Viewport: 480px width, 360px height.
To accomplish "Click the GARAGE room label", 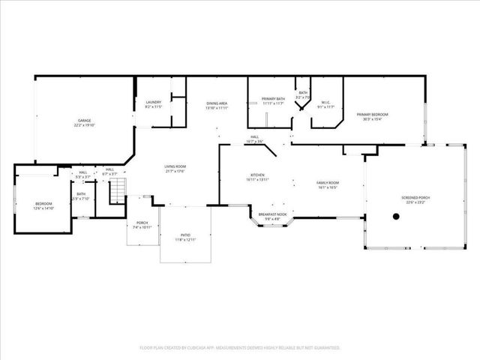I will pyautogui.click(x=85, y=120).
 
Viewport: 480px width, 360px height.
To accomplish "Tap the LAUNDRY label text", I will pyautogui.click(x=153, y=103).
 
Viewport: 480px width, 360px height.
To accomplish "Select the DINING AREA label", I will pyautogui.click(x=217, y=103).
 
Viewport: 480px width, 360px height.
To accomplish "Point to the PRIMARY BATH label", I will pyautogui.click(x=273, y=99).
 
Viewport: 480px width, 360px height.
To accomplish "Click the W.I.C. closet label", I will pyautogui.click(x=326, y=103).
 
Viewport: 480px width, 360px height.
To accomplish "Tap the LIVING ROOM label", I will pyautogui.click(x=175, y=167).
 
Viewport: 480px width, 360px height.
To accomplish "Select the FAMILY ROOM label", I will pyautogui.click(x=327, y=183).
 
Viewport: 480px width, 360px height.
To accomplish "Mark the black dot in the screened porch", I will pyautogui.click(x=396, y=216).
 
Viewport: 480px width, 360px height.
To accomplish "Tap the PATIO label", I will pyautogui.click(x=184, y=236).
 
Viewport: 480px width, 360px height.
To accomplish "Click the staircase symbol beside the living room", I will pyautogui.click(x=116, y=193).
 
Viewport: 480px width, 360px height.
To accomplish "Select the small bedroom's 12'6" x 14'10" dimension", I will pyautogui.click(x=44, y=208).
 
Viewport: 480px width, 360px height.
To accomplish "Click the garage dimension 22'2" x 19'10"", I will pyautogui.click(x=85, y=124).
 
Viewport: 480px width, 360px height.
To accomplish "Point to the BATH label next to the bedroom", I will pyautogui.click(x=81, y=195).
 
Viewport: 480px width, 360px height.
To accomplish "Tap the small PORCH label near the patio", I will pyautogui.click(x=142, y=223).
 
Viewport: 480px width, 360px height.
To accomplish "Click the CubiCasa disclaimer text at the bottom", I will pyautogui.click(x=240, y=347).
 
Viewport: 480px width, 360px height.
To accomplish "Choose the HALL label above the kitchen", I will pyautogui.click(x=255, y=137).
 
